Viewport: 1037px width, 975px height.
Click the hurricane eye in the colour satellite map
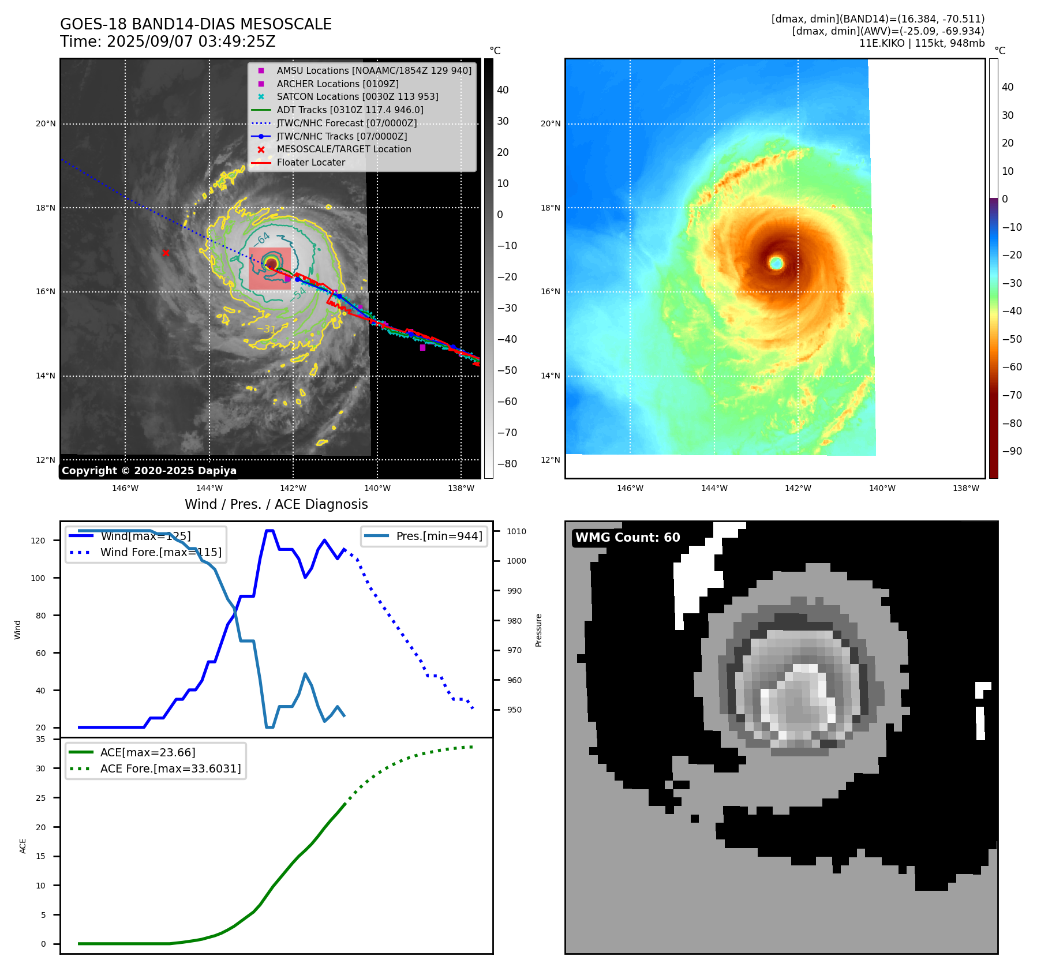click(x=776, y=263)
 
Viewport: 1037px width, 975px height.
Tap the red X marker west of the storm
click(x=166, y=253)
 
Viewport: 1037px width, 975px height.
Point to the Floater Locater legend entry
click(x=310, y=163)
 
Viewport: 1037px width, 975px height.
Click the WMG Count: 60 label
click(x=627, y=538)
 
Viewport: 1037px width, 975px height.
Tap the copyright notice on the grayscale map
click(x=149, y=471)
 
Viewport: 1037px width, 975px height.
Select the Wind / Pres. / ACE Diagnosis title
click(x=276, y=505)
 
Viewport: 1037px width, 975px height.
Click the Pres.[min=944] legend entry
click(x=439, y=536)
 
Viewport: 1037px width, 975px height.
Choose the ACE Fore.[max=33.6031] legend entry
click(x=170, y=768)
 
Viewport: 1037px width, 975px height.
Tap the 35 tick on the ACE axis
click(x=40, y=739)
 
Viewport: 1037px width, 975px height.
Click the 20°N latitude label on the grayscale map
click(x=46, y=123)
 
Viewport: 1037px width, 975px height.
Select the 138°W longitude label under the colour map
click(x=965, y=488)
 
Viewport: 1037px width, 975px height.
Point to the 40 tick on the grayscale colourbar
click(x=503, y=90)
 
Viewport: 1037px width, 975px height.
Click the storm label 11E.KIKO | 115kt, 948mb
click(x=922, y=43)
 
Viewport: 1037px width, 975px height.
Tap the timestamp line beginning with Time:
click(x=168, y=42)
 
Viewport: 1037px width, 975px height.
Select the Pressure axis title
click(x=539, y=630)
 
